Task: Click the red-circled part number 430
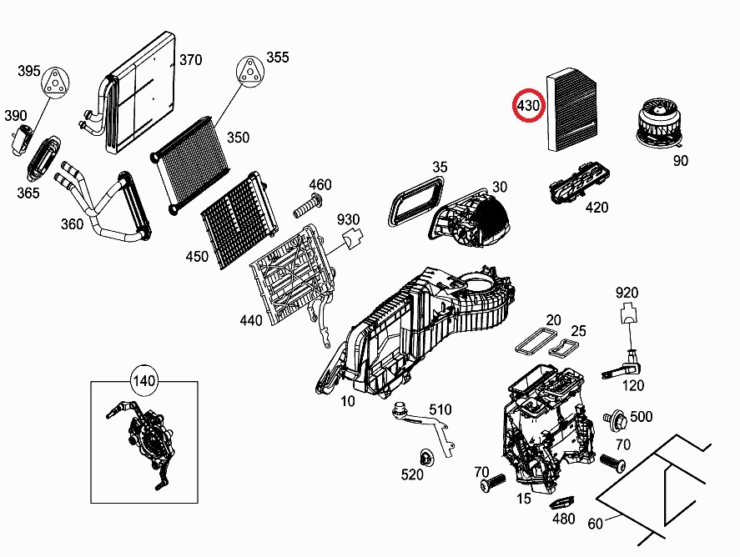527,105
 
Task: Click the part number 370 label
191,60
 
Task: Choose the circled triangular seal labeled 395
54,81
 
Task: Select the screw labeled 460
310,203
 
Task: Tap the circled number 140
144,382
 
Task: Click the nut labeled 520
425,457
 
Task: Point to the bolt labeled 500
617,416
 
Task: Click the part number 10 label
347,401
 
